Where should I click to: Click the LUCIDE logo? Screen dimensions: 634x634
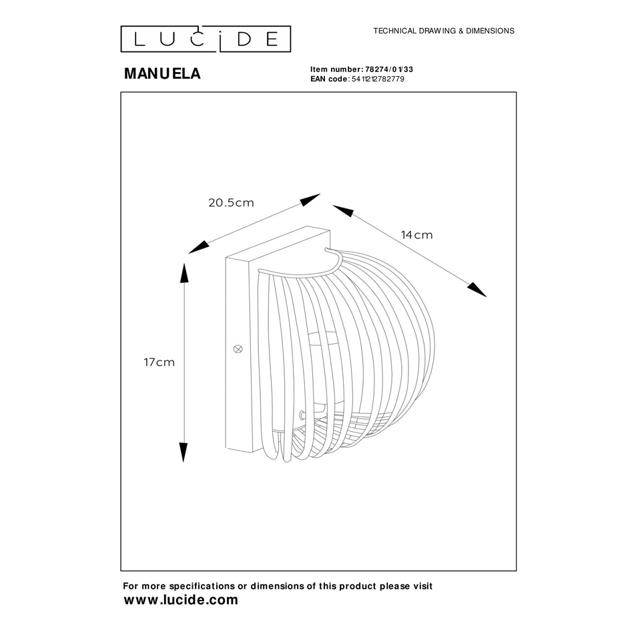click(206, 39)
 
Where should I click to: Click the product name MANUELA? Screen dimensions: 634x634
click(162, 73)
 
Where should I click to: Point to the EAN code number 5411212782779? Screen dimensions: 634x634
click(378, 79)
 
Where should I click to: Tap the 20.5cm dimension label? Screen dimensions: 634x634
click(231, 203)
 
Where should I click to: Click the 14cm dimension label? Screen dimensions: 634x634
click(416, 235)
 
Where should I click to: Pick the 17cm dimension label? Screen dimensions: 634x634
click(160, 362)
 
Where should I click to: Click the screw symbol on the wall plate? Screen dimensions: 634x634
click(238, 349)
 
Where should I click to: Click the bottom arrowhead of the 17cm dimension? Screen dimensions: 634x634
click(184, 452)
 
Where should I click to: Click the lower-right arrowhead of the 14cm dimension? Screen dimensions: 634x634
click(477, 290)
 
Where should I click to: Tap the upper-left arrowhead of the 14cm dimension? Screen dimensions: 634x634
click(343, 211)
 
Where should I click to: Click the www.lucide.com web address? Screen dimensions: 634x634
click(181, 599)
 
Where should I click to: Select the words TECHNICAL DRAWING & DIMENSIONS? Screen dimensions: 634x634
click(444, 31)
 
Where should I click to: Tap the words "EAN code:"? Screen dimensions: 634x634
click(330, 79)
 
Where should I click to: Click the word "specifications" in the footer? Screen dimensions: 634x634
click(202, 587)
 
